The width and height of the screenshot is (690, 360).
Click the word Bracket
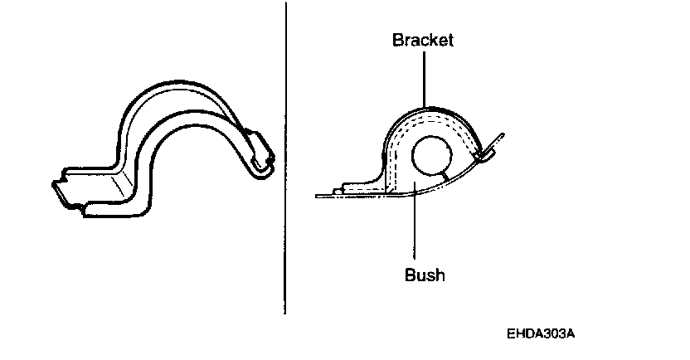pos(423,41)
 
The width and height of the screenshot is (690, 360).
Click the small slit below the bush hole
pos(449,178)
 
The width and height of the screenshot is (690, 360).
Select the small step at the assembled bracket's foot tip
pos(337,192)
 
